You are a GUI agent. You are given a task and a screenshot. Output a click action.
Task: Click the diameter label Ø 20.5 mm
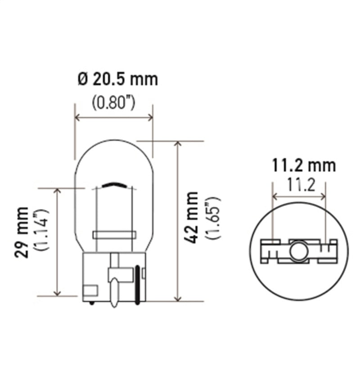tap(118, 80)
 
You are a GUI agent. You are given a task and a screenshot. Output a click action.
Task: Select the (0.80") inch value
tap(114, 103)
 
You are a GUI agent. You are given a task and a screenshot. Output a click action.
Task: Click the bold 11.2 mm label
tap(304, 165)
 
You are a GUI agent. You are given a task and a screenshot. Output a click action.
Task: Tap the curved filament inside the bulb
tap(114, 184)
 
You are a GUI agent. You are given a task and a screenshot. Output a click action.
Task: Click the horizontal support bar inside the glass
tap(114, 235)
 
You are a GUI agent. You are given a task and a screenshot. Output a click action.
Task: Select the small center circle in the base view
tap(298, 251)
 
